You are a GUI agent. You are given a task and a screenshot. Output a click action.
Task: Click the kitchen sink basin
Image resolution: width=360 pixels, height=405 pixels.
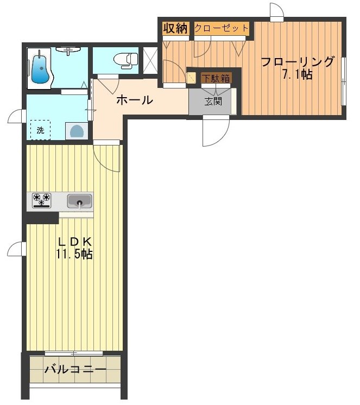click(79, 201)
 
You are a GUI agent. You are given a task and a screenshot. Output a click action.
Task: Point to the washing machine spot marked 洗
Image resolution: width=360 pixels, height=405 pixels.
click(40, 130)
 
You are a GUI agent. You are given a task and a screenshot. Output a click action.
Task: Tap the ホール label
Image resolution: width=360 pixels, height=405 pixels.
click(134, 100)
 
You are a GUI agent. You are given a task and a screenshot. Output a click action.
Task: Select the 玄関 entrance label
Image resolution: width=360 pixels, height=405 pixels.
click(212, 100)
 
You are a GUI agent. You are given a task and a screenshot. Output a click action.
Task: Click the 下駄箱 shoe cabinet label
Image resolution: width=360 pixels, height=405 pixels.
click(216, 78)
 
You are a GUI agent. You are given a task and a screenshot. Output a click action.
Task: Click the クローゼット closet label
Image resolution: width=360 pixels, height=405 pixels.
click(222, 28)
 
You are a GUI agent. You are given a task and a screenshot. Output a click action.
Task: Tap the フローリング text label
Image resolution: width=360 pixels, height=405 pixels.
click(298, 61)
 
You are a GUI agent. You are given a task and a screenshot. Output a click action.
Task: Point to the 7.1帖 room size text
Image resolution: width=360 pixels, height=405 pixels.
click(297, 74)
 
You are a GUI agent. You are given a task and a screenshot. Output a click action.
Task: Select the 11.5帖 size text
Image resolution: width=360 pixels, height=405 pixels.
click(74, 254)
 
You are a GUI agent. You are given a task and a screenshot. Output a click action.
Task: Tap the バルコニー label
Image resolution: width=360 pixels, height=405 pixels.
click(75, 370)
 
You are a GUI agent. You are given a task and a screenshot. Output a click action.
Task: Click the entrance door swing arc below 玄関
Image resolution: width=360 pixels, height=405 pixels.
click(214, 133)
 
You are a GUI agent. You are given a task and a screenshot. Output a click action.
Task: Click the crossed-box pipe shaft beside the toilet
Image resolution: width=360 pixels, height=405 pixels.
click(149, 60)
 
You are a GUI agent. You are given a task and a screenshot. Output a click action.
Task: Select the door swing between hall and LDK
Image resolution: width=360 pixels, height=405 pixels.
click(108, 158)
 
